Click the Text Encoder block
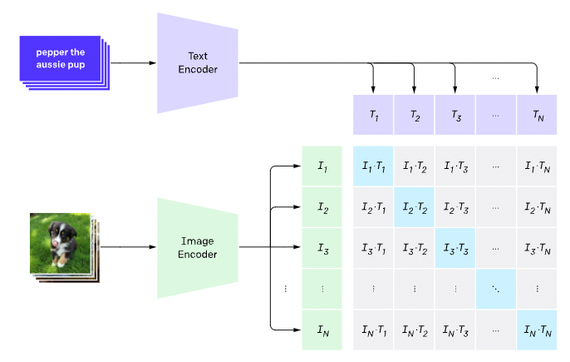[x=197, y=63]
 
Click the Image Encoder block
[x=197, y=247]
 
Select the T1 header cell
[x=373, y=115]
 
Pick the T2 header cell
[x=414, y=115]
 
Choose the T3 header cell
[x=455, y=115]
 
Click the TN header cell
[x=536, y=115]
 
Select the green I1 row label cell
[x=322, y=166]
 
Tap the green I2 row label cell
[x=322, y=206]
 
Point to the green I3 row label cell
[x=322, y=247]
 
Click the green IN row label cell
[x=322, y=329]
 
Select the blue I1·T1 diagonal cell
[x=373, y=166]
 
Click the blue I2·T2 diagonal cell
[x=414, y=206]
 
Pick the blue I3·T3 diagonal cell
[x=455, y=247]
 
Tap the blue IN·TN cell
[x=536, y=329]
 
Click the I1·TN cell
[x=536, y=166]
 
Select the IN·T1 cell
[x=373, y=329]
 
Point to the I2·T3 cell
[x=455, y=206]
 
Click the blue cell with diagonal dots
[x=495, y=288]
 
